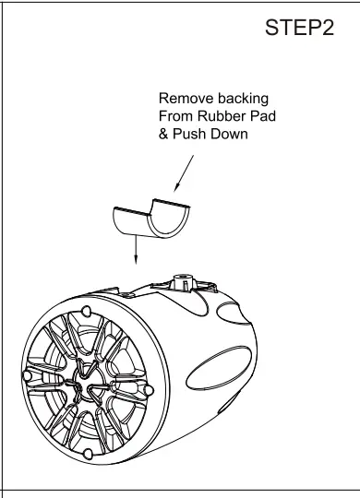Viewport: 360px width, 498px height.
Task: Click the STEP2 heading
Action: click(298, 29)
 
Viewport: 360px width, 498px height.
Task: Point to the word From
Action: click(177, 116)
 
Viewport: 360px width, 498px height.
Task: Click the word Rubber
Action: click(225, 116)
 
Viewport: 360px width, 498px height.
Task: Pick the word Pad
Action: click(264, 116)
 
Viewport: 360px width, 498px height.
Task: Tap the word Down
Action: click(231, 135)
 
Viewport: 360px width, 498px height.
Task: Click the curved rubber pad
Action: click(150, 218)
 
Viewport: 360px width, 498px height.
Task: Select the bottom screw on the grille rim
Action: click(85, 456)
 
